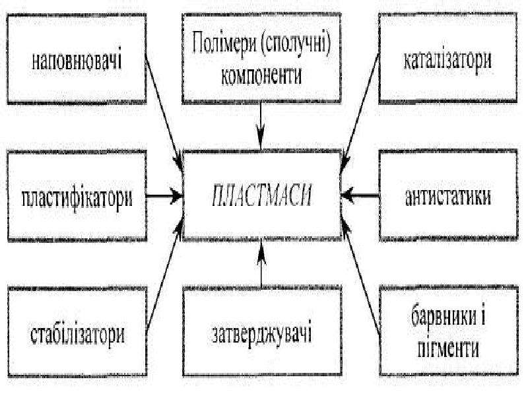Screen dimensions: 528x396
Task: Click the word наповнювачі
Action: pyautogui.click(x=77, y=61)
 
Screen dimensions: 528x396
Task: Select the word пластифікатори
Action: pyautogui.click(x=77, y=198)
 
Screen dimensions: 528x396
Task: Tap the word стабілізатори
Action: pyautogui.click(x=77, y=334)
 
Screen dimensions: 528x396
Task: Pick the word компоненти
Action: pyautogui.click(x=261, y=76)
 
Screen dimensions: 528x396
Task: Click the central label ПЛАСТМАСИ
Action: pyautogui.click(x=261, y=195)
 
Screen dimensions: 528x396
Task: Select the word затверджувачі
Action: pyautogui.click(x=261, y=333)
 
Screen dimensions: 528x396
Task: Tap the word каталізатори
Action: pyautogui.click(x=448, y=61)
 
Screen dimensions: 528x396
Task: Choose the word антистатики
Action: pyautogui.click(x=448, y=197)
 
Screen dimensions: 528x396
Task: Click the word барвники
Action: pyautogui.click(x=448, y=317)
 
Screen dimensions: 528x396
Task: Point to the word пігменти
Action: pyautogui.click(x=448, y=348)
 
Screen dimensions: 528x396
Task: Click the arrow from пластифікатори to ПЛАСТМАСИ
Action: pyautogui.click(x=164, y=195)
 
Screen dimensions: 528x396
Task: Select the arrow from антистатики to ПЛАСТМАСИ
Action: pyautogui.click(x=360, y=195)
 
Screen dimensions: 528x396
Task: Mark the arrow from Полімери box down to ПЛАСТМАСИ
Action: pyautogui.click(x=261, y=125)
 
